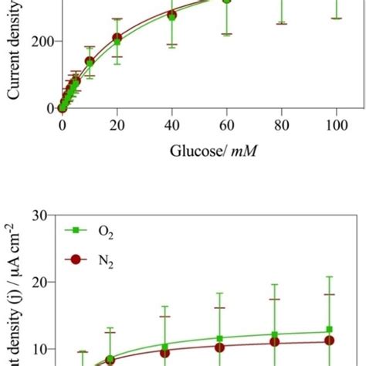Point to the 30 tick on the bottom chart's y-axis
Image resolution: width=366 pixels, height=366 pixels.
coord(42,215)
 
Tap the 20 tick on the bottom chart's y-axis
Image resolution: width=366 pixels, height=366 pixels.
coord(42,282)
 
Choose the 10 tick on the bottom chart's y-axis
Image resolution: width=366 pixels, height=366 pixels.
coord(42,349)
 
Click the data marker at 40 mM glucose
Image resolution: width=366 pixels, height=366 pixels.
coord(171,15)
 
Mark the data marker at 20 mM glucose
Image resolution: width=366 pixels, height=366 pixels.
coord(117,37)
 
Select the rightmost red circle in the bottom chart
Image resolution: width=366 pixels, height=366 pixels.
coord(330,340)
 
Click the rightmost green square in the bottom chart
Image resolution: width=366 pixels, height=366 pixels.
coord(330,330)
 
